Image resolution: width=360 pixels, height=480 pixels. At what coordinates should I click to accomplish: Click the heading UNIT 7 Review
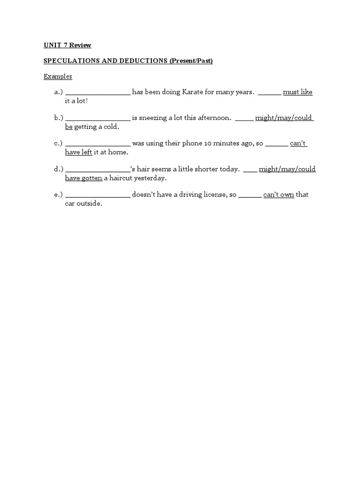[67, 45]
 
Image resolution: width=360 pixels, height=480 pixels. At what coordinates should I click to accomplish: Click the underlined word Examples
[58, 76]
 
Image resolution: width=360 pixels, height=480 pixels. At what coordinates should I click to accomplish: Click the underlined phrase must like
[298, 92]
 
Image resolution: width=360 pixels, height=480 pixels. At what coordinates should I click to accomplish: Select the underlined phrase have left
[79, 152]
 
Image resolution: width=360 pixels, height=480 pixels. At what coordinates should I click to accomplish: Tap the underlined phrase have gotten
[83, 178]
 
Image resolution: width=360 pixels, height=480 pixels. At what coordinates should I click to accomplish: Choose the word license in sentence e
[211, 195]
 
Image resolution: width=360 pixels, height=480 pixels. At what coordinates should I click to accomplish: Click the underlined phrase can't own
[278, 195]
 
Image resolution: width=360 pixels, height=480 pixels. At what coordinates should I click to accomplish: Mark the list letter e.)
[59, 195]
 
